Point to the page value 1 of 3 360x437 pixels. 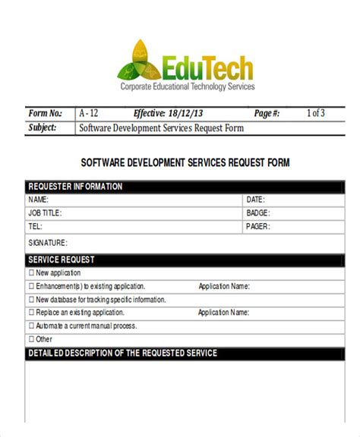[316, 113]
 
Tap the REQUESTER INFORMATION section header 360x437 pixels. [75, 187]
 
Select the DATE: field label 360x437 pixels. [255, 200]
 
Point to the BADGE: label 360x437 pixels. [257, 212]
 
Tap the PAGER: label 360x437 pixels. [257, 226]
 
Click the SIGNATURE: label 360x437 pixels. [48, 243]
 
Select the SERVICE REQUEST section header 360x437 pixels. [62, 259]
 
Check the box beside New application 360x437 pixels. [31, 273]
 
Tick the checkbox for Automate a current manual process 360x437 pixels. [31, 325]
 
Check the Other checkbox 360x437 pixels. [31, 339]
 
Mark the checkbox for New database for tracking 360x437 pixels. [31, 300]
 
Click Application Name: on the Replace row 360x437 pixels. [223, 313]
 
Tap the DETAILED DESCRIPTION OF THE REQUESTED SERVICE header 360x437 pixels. [122, 354]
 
